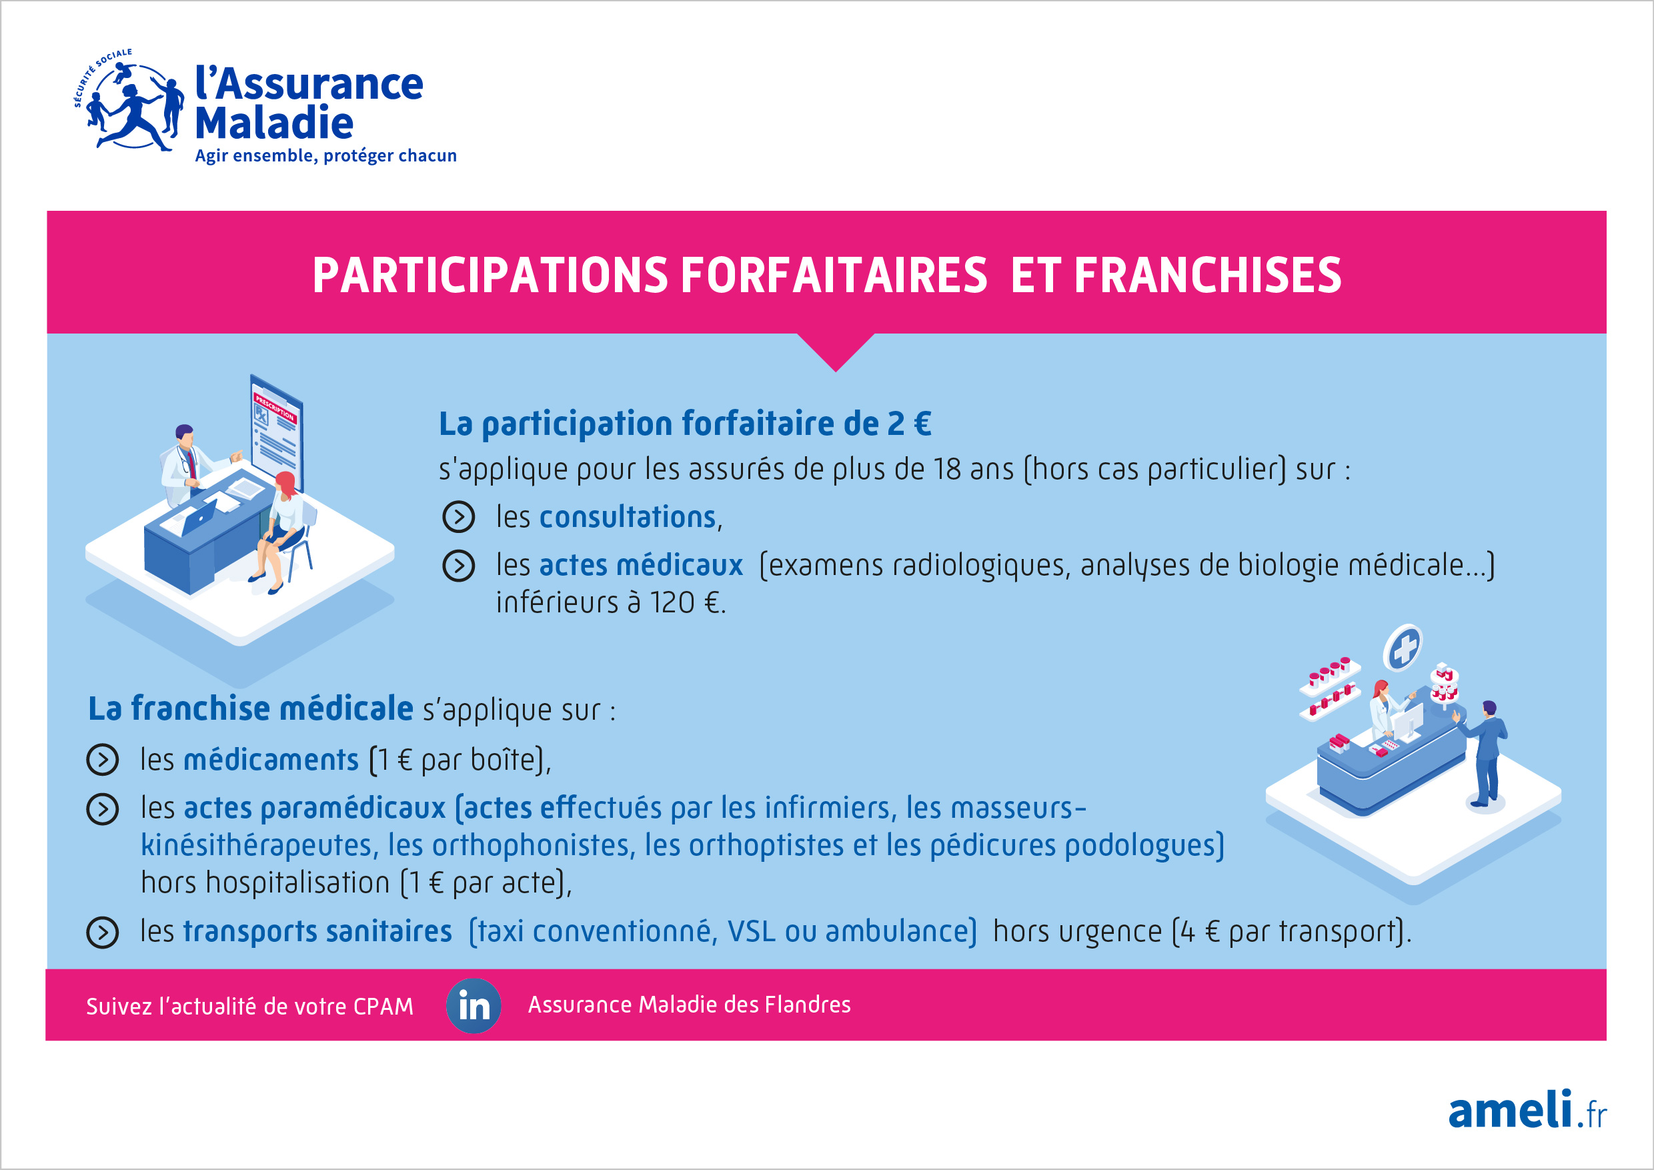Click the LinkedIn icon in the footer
click(474, 1006)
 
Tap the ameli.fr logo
click(1527, 1110)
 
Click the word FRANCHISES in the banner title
click(1207, 275)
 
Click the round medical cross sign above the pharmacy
click(1402, 648)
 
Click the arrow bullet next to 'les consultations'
click(458, 517)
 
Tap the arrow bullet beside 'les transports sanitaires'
click(102, 933)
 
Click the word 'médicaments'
click(271, 760)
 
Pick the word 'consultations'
click(628, 517)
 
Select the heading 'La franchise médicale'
click(251, 708)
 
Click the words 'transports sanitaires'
click(317, 932)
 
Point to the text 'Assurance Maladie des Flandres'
click(690, 1005)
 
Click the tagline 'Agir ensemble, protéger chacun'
click(325, 155)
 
